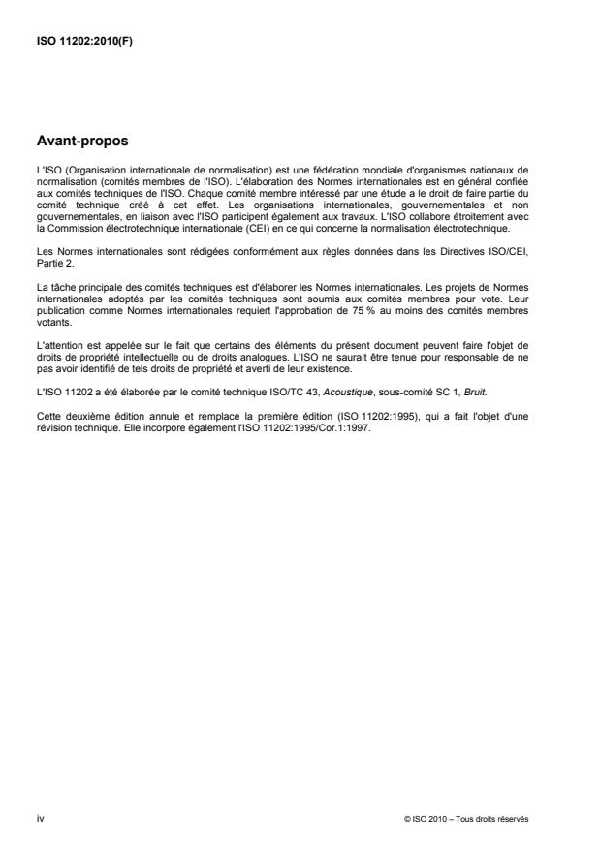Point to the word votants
[49, 313]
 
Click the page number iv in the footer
[40, 819]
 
